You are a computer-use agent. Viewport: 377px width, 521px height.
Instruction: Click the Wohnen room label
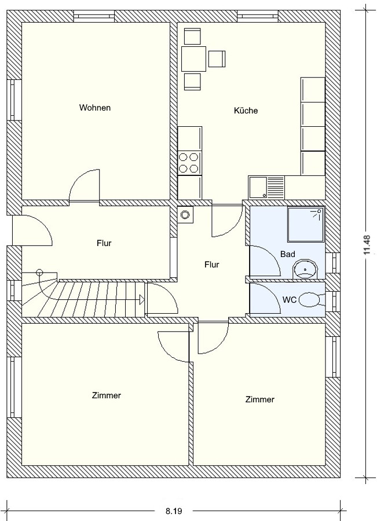(x=95, y=108)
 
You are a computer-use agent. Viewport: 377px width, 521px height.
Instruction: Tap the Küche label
(x=246, y=111)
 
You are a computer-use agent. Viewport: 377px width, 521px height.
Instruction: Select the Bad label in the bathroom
(x=288, y=254)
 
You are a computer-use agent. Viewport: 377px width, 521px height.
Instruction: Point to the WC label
(x=289, y=300)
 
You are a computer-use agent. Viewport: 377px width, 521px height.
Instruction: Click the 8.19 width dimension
(x=174, y=511)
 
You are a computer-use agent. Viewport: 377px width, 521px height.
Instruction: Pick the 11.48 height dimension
(x=367, y=244)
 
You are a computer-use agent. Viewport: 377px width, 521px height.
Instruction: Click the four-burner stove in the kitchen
(x=189, y=163)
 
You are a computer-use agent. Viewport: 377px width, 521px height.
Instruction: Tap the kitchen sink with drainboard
(x=266, y=188)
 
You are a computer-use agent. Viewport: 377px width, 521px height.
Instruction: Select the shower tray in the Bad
(x=306, y=225)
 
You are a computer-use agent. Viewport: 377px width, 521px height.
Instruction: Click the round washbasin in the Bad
(x=305, y=269)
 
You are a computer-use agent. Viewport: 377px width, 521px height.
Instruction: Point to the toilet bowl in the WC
(x=312, y=300)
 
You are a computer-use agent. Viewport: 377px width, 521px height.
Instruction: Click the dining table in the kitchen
(x=194, y=59)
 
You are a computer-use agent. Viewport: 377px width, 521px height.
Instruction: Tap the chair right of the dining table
(x=217, y=58)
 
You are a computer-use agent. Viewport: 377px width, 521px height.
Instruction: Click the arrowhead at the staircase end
(x=142, y=300)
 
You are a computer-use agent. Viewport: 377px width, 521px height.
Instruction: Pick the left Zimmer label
(x=107, y=395)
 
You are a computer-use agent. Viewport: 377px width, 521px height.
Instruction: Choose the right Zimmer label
(x=260, y=399)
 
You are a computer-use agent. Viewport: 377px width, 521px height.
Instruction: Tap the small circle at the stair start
(x=39, y=273)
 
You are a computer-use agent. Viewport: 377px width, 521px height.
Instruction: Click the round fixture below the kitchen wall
(x=185, y=215)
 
